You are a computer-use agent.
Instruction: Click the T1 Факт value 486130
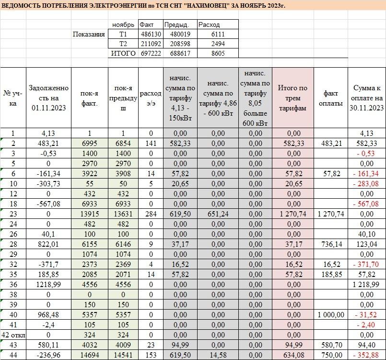pos(151,35)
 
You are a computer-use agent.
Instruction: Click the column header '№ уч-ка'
pos(13,98)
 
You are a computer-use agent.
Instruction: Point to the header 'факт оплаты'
pos(330,98)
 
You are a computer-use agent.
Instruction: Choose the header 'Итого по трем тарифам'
pos(293,98)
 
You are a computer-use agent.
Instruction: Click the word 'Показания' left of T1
pos(89,35)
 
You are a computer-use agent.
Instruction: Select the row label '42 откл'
pos(13,335)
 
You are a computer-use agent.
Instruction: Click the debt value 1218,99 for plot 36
pos(48,284)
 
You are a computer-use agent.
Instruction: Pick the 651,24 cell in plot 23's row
pos(218,214)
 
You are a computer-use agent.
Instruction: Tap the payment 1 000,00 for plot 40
pos(330,314)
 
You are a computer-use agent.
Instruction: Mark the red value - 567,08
pos(366,204)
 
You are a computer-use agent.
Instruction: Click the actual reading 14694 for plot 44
pos(90,355)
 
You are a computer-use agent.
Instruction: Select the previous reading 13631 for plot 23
pos(123,214)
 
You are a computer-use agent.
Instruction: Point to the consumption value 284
pos(151,214)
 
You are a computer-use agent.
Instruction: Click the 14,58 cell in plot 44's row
pos(218,355)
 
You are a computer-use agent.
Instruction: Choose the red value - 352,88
pos(366,355)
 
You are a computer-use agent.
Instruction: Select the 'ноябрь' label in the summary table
pos(123,24)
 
